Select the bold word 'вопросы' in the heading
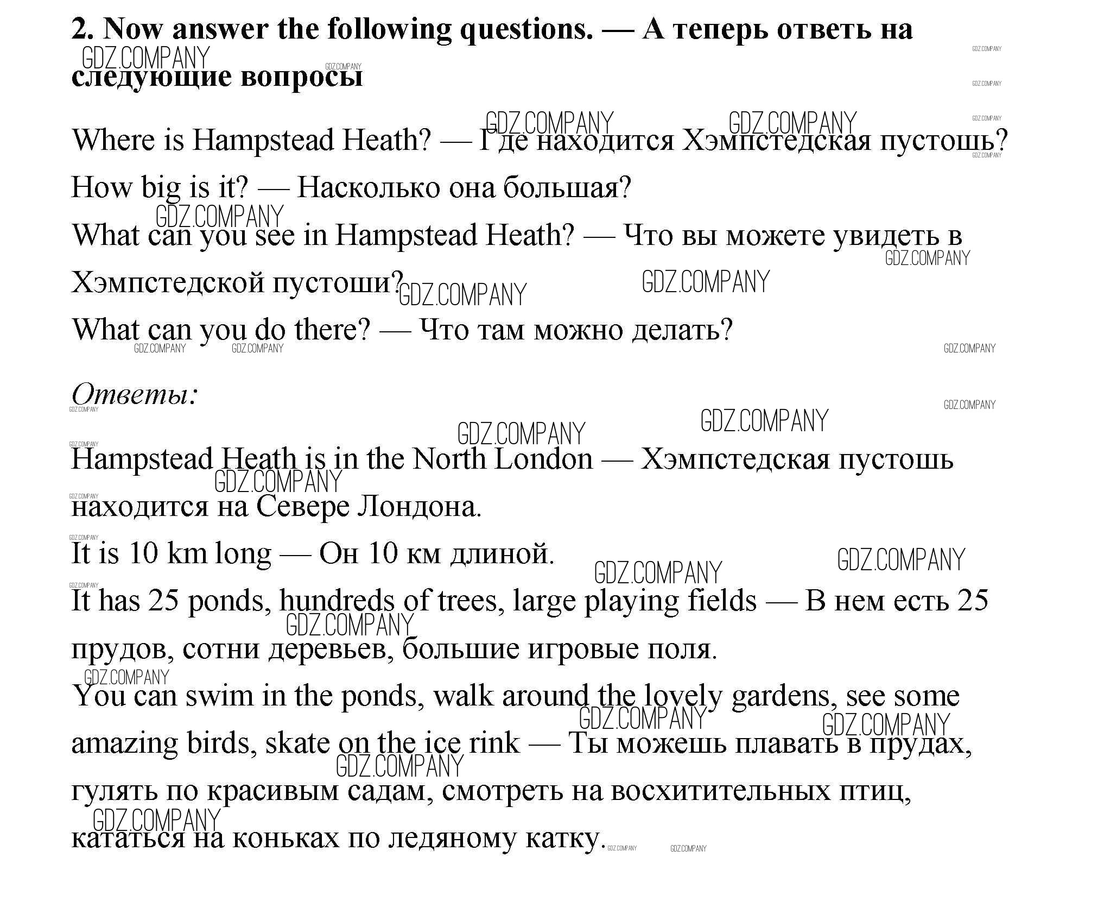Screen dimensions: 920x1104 point(301,77)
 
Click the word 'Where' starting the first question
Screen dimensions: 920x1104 point(113,140)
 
